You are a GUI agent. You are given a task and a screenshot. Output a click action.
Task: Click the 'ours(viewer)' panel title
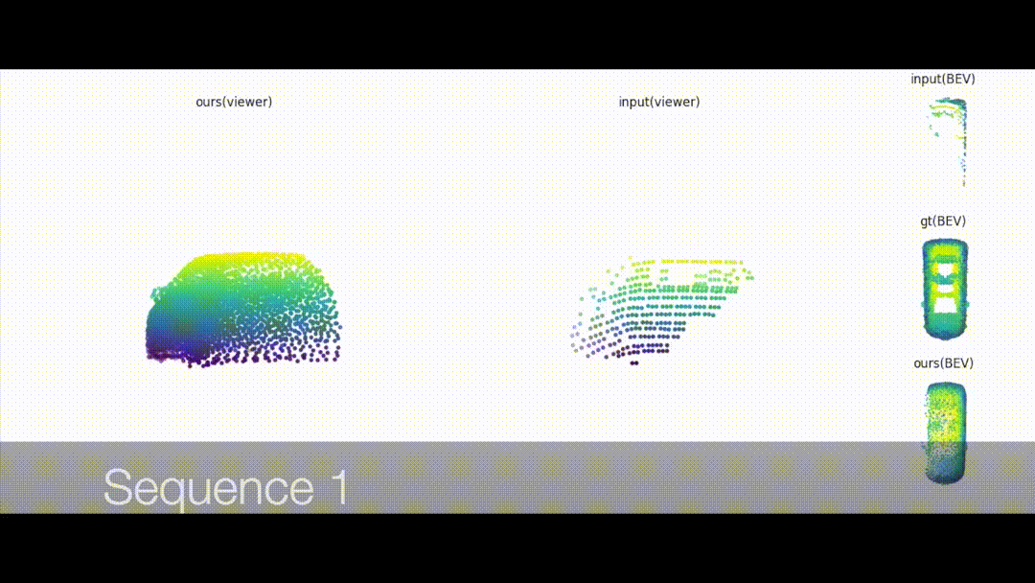click(234, 102)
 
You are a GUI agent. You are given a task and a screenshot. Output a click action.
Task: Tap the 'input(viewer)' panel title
click(658, 102)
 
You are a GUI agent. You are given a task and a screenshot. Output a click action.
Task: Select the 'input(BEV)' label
click(943, 79)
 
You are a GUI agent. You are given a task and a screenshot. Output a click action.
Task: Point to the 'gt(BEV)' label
click(943, 222)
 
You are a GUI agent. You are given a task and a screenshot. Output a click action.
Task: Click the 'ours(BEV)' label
click(943, 363)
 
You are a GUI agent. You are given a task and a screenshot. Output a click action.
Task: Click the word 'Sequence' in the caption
click(209, 487)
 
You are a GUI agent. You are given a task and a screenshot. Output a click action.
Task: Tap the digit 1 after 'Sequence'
click(340, 486)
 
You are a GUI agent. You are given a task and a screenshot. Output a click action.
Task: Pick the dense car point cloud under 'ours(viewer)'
click(242, 309)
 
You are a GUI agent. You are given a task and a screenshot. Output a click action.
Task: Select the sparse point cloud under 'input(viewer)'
click(661, 309)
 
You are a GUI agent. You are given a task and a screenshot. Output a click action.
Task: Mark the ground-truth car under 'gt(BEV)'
click(945, 290)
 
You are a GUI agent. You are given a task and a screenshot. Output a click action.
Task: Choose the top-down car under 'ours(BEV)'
click(946, 433)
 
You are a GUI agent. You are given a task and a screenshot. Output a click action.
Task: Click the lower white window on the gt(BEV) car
click(945, 306)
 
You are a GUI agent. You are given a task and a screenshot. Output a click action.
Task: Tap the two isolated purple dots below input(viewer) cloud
click(634, 363)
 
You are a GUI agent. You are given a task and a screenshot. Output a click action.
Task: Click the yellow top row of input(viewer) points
click(686, 262)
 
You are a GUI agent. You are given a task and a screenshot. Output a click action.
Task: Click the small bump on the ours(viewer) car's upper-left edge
click(156, 292)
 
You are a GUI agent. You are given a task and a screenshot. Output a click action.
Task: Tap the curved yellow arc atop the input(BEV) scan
click(948, 105)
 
